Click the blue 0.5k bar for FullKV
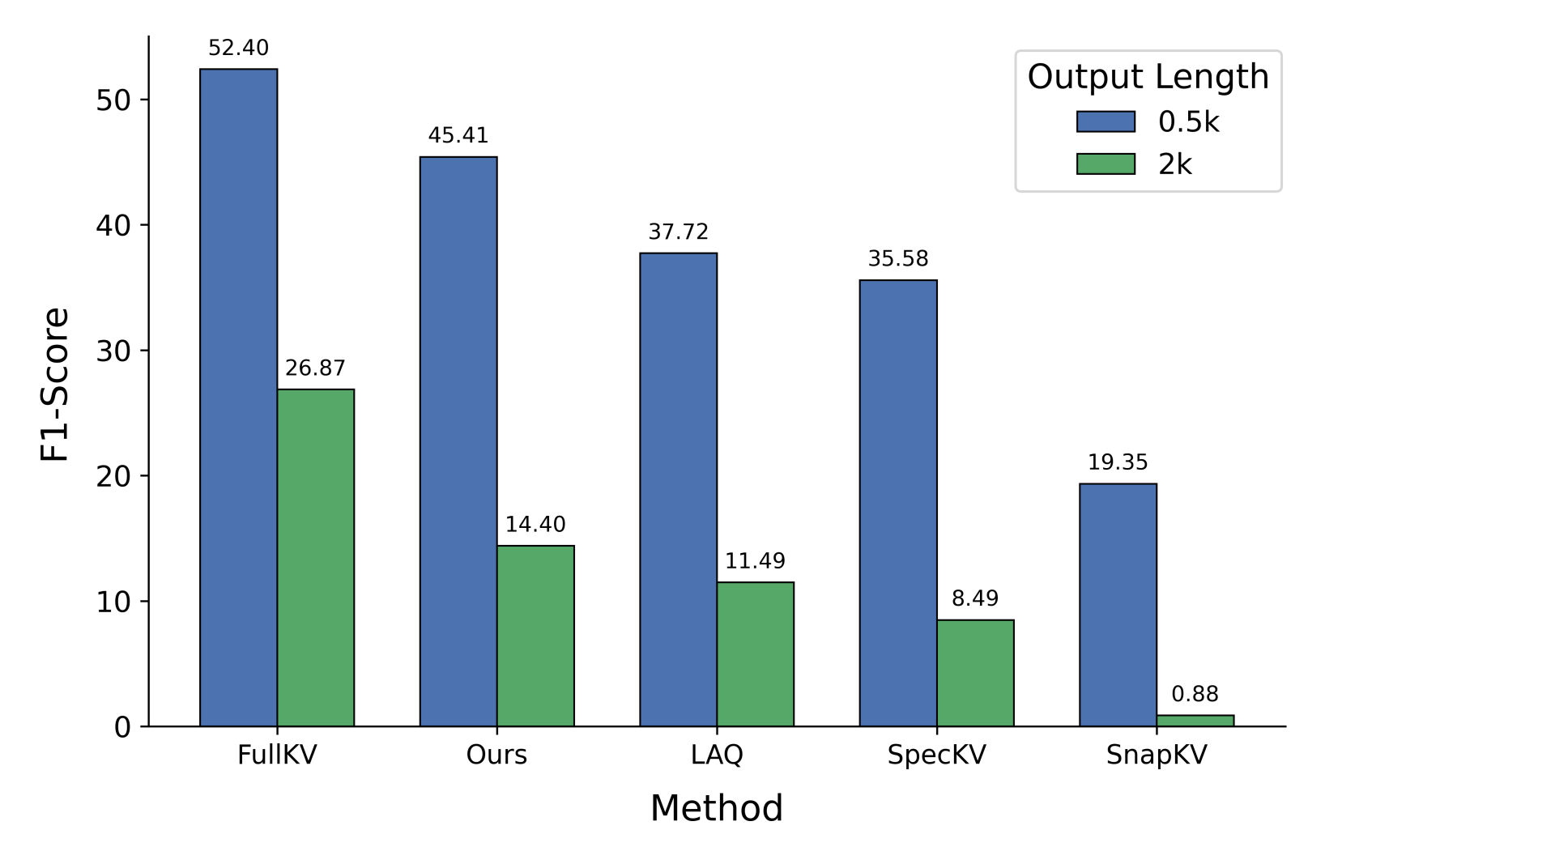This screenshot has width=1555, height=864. pos(238,397)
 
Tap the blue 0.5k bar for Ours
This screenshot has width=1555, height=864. pos(458,441)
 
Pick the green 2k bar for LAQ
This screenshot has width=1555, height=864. pos(755,653)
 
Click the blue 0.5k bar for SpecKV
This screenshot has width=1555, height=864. pos(897,503)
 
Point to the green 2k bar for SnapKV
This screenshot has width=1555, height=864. pos(1195,721)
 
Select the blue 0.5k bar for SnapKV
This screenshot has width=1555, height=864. pos(1118,604)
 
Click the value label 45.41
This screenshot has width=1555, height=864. pos(458,135)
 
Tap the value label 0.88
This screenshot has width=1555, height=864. pos(1195,694)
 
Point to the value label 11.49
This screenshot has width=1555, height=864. pos(755,561)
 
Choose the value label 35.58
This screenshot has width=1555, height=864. pos(897,259)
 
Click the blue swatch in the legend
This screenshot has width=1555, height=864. pos(1106,121)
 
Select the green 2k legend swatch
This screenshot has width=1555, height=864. pos(1106,164)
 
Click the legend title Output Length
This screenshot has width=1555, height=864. pos(1148,77)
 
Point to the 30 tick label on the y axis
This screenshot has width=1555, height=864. pos(113,351)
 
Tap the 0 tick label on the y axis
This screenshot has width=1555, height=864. pos(122,727)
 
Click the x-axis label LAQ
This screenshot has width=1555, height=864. pos(717,755)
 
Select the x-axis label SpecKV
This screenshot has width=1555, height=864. pos(936,755)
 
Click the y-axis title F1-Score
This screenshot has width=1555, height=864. pos(55,385)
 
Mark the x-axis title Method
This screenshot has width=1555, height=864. pos(717,808)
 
